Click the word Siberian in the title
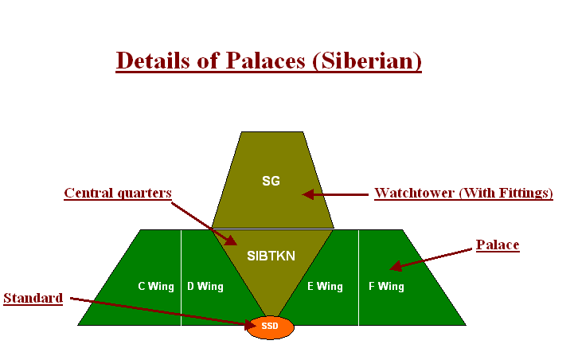click(x=369, y=61)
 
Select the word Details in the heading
click(x=153, y=61)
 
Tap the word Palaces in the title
click(x=265, y=61)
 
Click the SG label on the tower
click(x=271, y=181)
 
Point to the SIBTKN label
click(x=271, y=256)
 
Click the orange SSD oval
click(x=270, y=327)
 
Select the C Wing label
click(x=156, y=287)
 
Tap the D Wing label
click(x=205, y=287)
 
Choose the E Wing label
click(x=325, y=287)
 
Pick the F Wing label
click(x=386, y=287)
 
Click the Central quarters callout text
click(x=118, y=193)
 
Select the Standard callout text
click(x=33, y=298)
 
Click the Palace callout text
click(x=498, y=245)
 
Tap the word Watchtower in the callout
click(x=415, y=193)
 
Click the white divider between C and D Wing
click(x=182, y=277)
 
